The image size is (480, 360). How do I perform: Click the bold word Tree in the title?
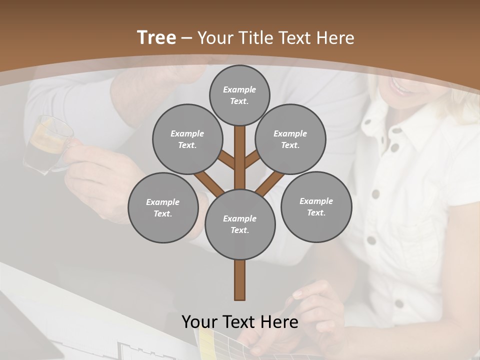coord(156,37)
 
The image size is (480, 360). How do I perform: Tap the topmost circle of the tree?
coord(239,95)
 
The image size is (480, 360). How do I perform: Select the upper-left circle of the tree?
coord(187,139)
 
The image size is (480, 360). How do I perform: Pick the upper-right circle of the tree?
coord(290,139)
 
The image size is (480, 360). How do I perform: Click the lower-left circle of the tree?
coord(163,207)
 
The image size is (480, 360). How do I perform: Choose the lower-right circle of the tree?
coord(316,206)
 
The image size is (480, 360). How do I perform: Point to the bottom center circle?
coord(240,224)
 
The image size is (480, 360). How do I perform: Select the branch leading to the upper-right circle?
coord(252,160)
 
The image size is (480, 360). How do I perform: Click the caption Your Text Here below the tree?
coord(240,322)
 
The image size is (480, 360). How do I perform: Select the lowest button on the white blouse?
coord(398,303)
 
